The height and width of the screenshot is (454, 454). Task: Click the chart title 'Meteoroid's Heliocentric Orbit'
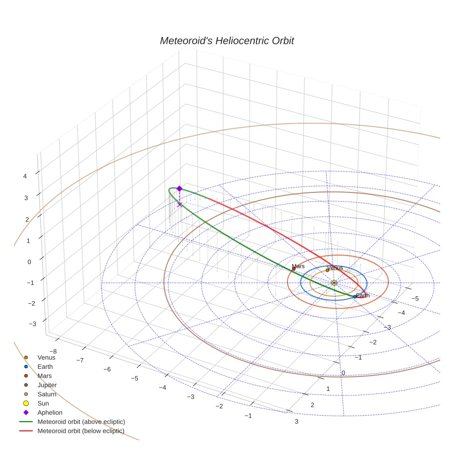(227, 41)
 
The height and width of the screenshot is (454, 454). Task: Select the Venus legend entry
(46, 357)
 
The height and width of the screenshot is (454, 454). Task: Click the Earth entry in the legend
(45, 366)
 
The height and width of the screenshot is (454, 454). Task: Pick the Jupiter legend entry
(47, 385)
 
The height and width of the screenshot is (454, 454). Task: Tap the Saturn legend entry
(47, 394)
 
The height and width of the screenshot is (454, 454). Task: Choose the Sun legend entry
(44, 403)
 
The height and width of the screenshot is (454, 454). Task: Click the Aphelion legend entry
(49, 412)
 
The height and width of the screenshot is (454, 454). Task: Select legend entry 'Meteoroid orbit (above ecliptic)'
(81, 422)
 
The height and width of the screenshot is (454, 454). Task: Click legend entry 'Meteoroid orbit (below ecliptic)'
(81, 431)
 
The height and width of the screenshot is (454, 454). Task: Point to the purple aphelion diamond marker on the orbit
(179, 188)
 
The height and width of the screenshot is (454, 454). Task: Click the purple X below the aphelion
(179, 204)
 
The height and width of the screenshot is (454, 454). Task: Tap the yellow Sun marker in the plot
(334, 283)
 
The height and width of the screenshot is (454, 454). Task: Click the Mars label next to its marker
(298, 266)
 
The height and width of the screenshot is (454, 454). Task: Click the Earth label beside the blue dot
(363, 295)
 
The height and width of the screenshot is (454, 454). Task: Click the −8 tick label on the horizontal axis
(53, 352)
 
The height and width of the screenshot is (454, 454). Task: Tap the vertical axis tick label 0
(30, 262)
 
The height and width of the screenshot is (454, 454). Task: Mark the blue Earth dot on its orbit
(354, 297)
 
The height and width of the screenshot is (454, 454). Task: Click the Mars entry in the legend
(44, 376)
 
